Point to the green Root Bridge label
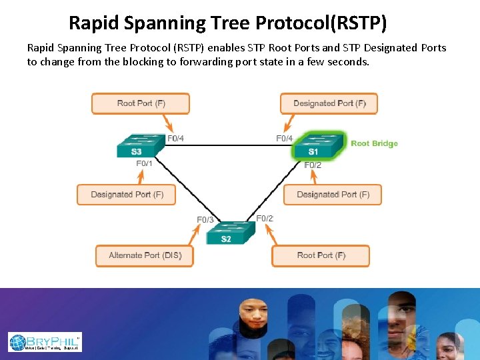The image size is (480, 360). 374,143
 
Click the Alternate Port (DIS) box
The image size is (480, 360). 145,255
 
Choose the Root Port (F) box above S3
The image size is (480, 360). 141,103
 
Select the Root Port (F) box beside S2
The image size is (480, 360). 321,255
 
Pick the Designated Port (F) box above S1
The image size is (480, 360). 329,103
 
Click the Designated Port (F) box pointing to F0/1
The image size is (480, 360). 127,195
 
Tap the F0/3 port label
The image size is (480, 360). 205,219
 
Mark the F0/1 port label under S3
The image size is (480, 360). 144,163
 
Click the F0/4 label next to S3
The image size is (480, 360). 175,139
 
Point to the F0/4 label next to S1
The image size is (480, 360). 285,139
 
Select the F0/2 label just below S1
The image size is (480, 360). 313,165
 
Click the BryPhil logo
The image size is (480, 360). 45,342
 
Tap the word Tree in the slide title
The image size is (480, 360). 229,23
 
